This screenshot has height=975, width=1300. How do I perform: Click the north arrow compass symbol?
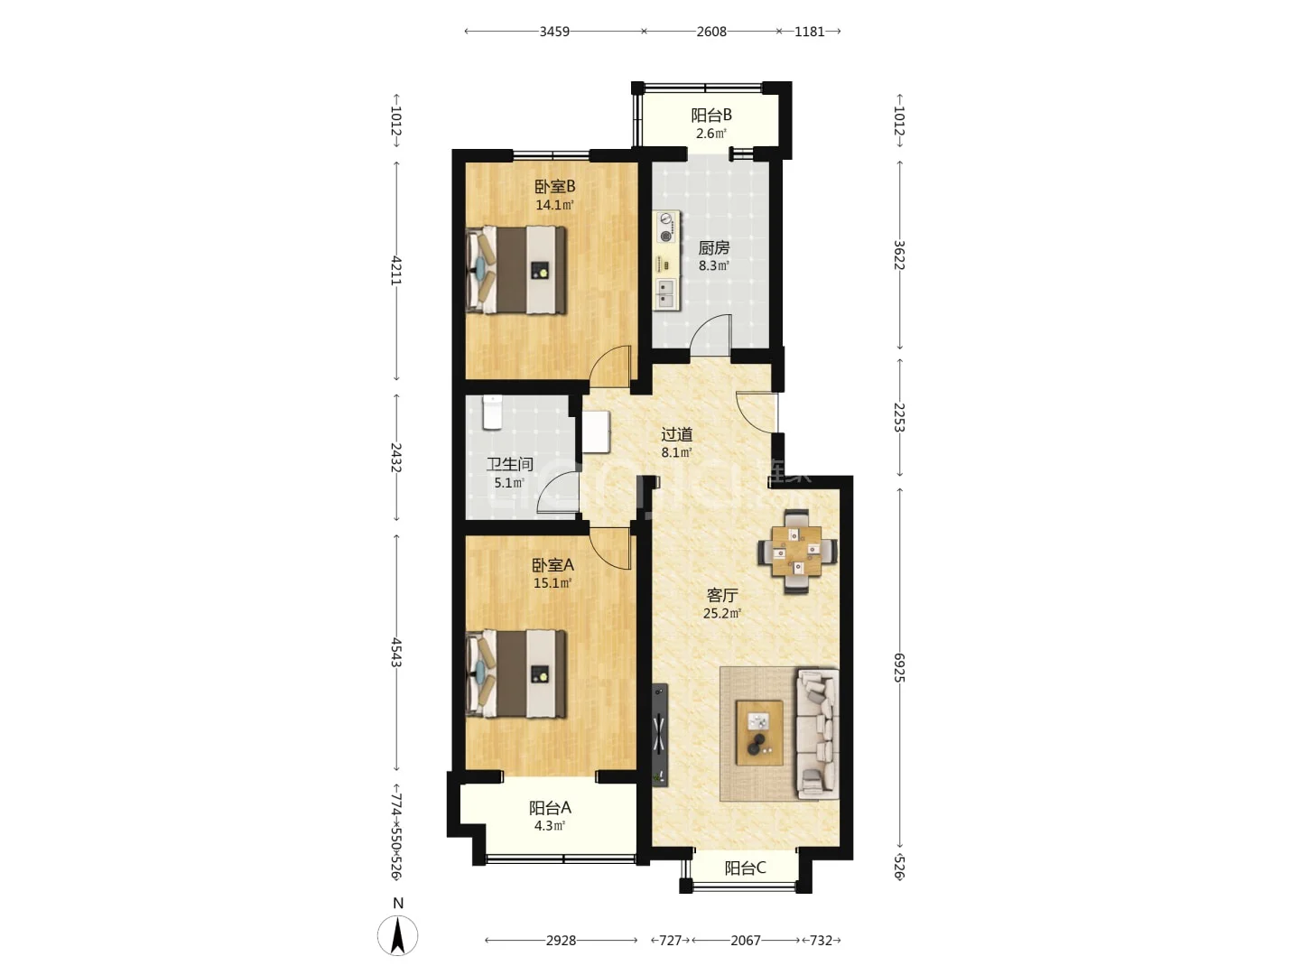[x=397, y=936]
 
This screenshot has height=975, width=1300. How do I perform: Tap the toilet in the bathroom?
[x=492, y=412]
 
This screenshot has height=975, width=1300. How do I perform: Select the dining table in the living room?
[x=796, y=551]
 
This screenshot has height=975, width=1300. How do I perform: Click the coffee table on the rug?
[x=759, y=732]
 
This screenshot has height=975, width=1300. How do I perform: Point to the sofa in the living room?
[x=818, y=734]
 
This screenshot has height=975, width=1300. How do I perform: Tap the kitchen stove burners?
[x=667, y=227]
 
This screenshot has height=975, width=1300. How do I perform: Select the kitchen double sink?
[x=666, y=294]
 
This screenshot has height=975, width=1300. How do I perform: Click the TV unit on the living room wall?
[x=660, y=735]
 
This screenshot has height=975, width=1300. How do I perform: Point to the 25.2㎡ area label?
[x=722, y=613]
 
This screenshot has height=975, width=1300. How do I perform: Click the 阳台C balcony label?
[x=745, y=868]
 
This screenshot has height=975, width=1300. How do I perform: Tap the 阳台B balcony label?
[x=711, y=115]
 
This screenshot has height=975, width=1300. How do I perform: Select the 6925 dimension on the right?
[x=899, y=667]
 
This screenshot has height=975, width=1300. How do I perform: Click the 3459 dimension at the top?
[x=554, y=32]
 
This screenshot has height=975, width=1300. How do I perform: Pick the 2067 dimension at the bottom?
[x=745, y=940]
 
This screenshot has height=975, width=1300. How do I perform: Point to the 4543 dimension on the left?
[x=396, y=653]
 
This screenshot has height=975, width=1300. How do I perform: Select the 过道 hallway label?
[x=677, y=434]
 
